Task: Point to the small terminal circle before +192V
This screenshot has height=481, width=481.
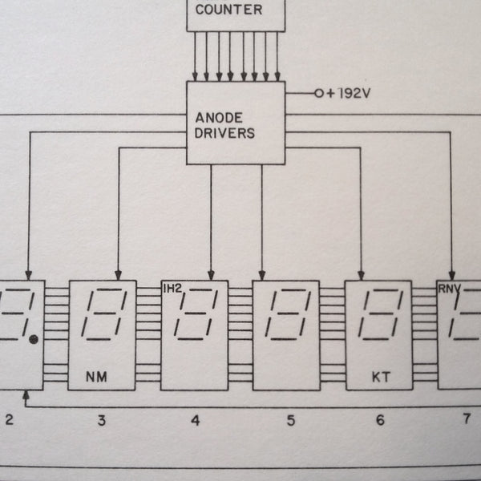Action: (318, 93)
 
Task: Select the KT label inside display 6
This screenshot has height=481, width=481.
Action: (378, 375)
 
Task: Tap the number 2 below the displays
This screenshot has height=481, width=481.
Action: (10, 419)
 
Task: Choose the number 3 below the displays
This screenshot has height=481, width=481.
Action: (101, 419)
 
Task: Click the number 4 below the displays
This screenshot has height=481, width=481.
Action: (195, 419)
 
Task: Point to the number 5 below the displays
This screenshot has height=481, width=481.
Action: (289, 419)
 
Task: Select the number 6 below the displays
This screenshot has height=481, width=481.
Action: (379, 419)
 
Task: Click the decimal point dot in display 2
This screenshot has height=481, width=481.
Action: (34, 340)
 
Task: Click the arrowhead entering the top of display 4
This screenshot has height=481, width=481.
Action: (211, 274)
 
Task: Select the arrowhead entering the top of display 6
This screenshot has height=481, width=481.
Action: (361, 274)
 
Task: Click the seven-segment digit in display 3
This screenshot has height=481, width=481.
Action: (103, 313)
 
